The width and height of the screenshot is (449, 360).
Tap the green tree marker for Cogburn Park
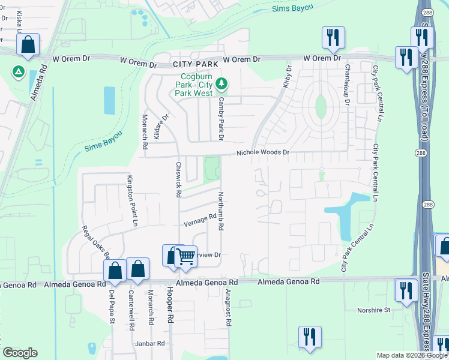point(222,82)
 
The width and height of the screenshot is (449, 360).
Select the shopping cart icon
point(186,256)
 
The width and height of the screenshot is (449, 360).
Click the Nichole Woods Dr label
point(263,153)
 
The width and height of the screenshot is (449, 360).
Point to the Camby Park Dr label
point(221,119)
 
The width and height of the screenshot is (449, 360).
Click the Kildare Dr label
point(157,127)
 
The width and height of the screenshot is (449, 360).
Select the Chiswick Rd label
point(178,179)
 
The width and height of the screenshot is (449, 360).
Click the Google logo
point(20,353)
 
